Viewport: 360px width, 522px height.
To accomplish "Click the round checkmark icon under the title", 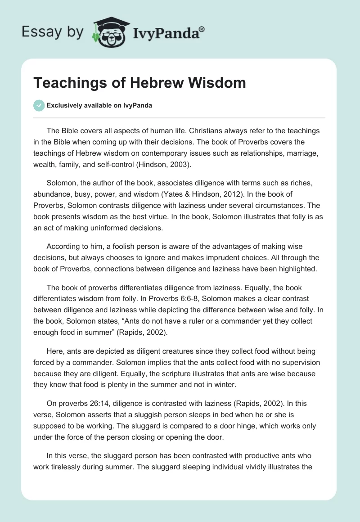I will [39, 105].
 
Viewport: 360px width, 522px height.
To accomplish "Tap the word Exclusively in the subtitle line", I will [64, 106].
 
